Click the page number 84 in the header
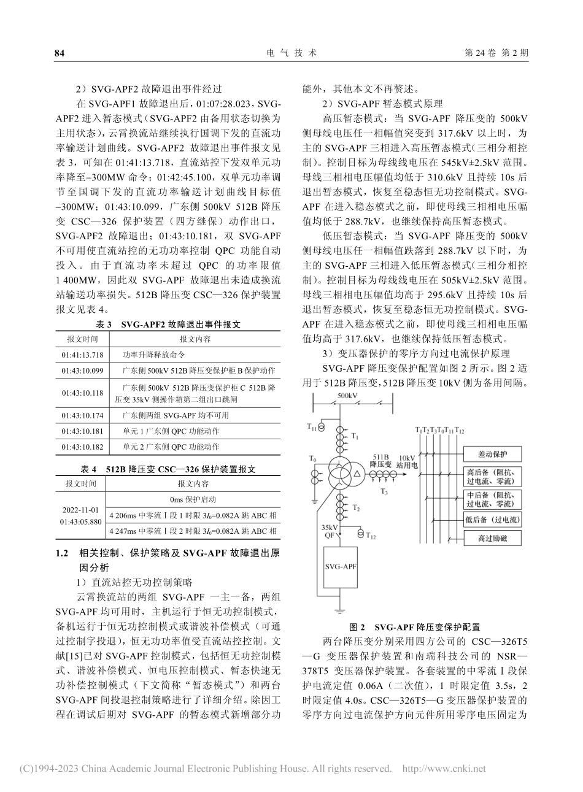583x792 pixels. pyautogui.click(x=60, y=53)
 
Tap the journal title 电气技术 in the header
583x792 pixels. pyautogui.click(x=291, y=53)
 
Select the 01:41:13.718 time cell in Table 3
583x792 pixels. pyautogui.click(x=82, y=355)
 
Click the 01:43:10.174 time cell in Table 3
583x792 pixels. pyautogui.click(x=82, y=415)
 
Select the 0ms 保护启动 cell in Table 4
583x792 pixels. pyautogui.click(x=194, y=500)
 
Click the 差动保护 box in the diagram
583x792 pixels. pyautogui.click(x=491, y=455)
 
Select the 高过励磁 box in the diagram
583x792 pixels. pyautogui.click(x=491, y=539)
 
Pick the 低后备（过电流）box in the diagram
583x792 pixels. pyautogui.click(x=491, y=520)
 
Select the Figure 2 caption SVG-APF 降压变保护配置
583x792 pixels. pyautogui.click(x=415, y=627)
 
